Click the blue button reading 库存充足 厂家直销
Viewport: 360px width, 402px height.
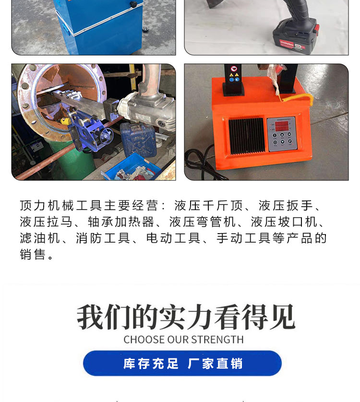[x=182, y=363]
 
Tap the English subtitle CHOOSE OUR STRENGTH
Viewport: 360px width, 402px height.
[x=183, y=340]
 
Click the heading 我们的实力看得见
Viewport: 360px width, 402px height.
[x=186, y=317]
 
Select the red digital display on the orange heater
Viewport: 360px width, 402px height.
[x=281, y=126]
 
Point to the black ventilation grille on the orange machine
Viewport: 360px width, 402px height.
[x=246, y=136]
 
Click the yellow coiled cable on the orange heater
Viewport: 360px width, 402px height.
[x=298, y=97]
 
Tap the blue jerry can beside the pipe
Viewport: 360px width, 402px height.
[x=138, y=139]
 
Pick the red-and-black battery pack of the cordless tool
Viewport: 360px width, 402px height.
[x=295, y=37]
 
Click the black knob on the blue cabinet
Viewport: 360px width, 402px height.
[x=133, y=4]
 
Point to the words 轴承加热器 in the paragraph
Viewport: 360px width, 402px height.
[x=121, y=222]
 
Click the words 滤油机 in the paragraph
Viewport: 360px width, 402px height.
[x=40, y=238]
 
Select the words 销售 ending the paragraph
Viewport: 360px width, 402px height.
[x=33, y=254]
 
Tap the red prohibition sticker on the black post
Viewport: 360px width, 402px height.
[x=233, y=69]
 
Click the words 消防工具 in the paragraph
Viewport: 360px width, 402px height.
[x=103, y=238]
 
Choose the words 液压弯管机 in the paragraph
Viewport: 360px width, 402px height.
[x=203, y=222]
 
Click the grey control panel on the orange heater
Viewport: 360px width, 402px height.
[x=282, y=134]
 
